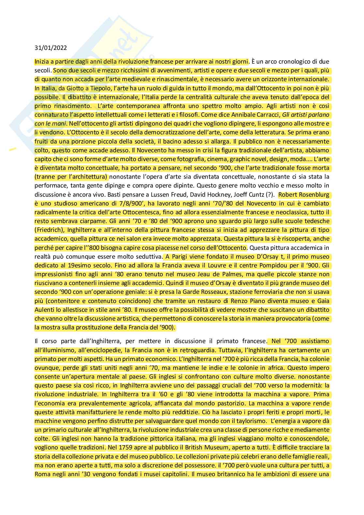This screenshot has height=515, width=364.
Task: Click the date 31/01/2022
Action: pos(51,48)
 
